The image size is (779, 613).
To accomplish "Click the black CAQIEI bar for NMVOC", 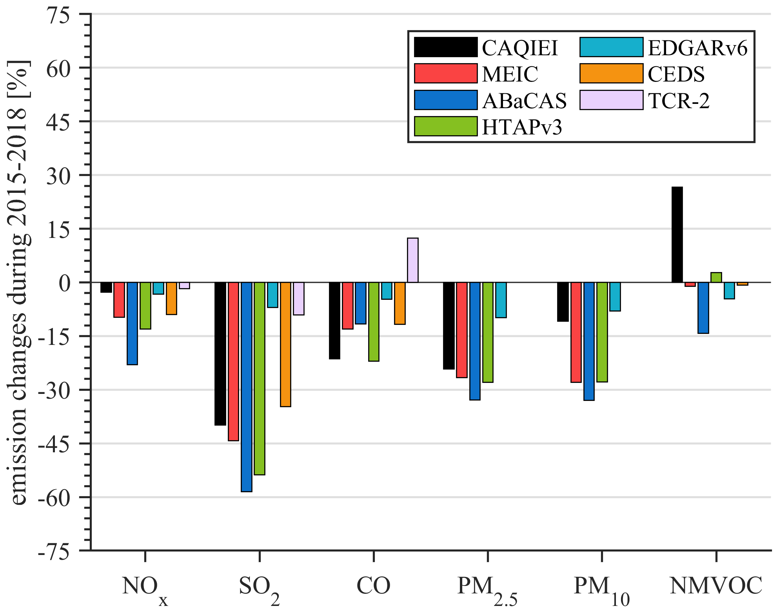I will (x=677, y=234).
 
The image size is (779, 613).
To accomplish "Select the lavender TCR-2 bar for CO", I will (x=412, y=260).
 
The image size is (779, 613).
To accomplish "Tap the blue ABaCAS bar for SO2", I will (x=247, y=386).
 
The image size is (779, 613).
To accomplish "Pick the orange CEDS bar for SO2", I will (x=285, y=344).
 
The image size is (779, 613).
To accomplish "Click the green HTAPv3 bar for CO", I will (x=374, y=321).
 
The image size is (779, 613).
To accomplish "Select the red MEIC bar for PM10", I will (x=576, y=332).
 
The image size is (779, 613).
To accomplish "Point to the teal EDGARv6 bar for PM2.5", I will (x=501, y=300).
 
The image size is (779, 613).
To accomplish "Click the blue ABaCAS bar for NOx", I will (x=132, y=323).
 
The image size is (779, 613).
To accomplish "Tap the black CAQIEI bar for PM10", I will (x=563, y=302).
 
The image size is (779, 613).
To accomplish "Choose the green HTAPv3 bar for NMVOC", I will (x=716, y=277).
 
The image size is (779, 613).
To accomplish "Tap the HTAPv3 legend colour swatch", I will (x=446, y=126).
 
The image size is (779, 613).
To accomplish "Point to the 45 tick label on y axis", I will (x=58, y=122).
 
